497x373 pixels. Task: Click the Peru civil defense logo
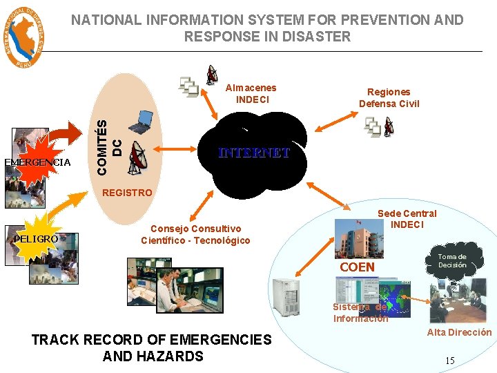point(26,37)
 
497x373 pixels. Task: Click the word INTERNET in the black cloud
point(253,153)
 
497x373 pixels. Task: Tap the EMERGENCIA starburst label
point(37,162)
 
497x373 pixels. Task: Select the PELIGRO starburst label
point(36,238)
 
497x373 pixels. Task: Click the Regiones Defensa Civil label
point(389,97)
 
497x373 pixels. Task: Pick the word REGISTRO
point(126,193)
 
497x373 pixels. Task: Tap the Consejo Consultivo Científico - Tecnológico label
point(195,234)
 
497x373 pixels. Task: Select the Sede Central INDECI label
point(407,219)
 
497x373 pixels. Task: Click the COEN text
point(358,267)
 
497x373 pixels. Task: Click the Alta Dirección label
point(459,332)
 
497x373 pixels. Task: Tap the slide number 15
point(449,360)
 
